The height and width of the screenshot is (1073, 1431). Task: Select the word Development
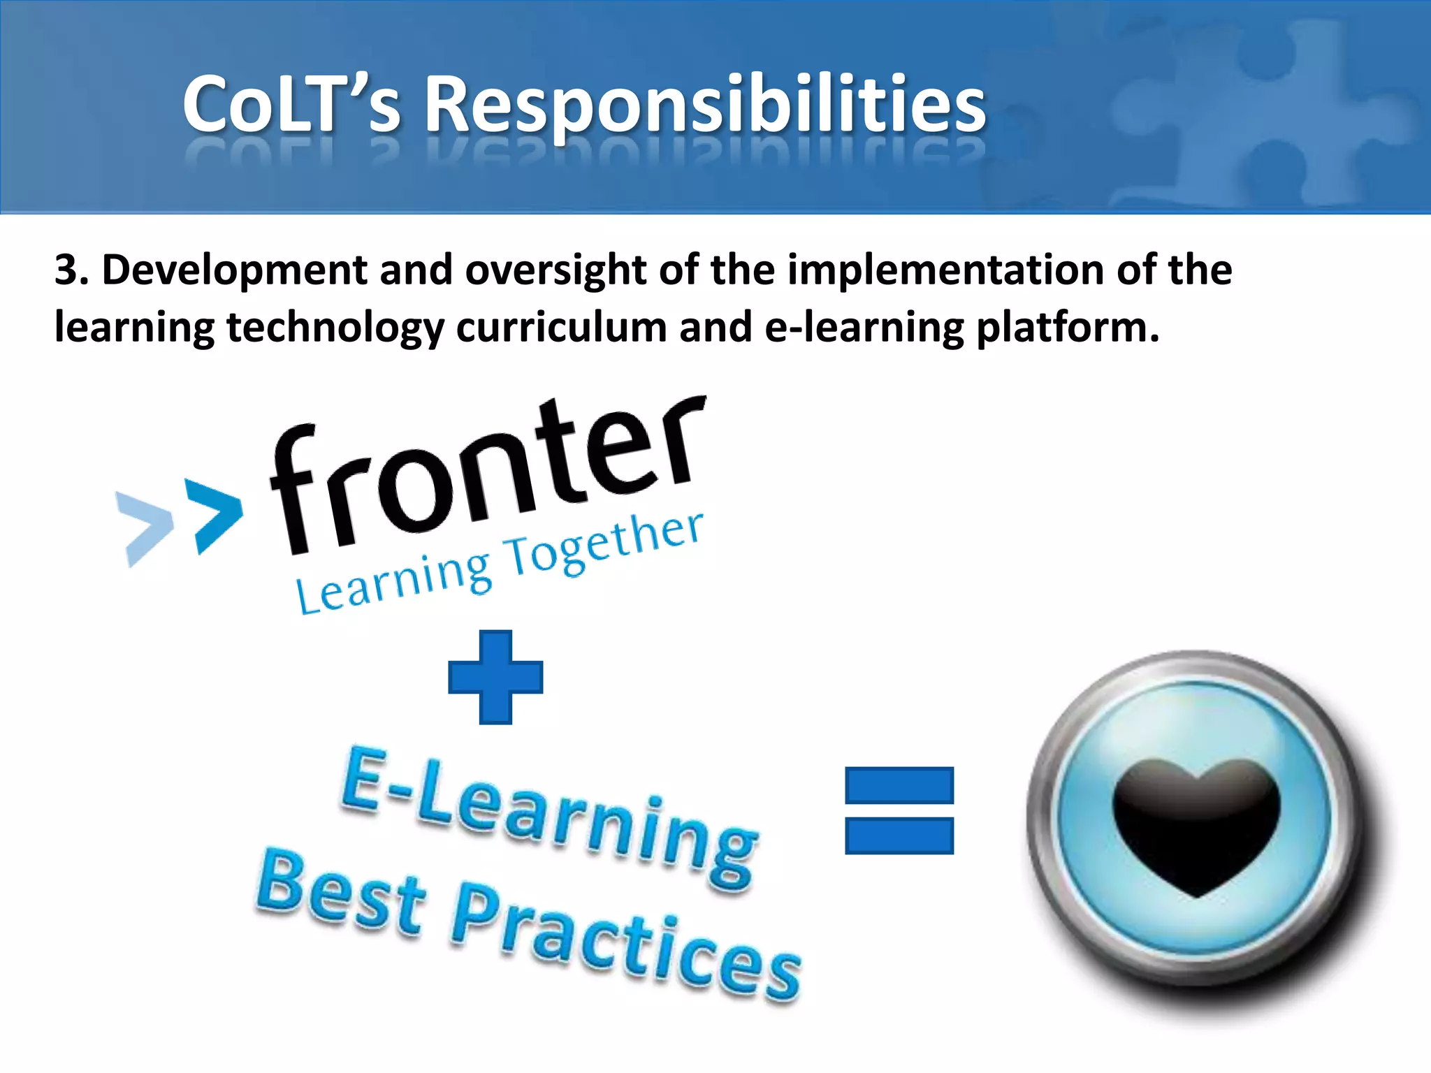coord(234,271)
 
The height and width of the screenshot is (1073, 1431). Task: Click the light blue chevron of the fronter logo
coord(145,527)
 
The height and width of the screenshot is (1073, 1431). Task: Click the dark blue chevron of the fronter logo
coord(217,516)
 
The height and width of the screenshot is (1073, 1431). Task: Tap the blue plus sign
coord(495,677)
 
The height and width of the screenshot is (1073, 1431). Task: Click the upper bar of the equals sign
coord(899,784)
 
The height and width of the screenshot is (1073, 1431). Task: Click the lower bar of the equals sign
coord(899,835)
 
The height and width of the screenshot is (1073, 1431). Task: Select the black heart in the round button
coord(1196,824)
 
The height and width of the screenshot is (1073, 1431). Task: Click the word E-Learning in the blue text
coord(549,817)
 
